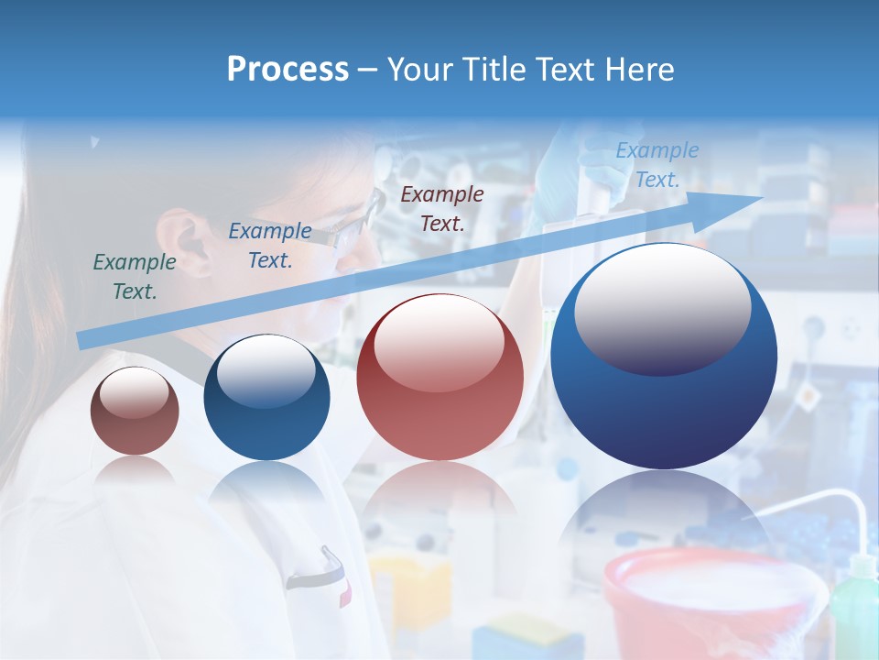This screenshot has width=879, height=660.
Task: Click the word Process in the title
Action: tap(288, 70)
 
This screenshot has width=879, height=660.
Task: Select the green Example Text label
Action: tap(135, 276)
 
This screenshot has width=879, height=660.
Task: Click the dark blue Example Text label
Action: tap(269, 246)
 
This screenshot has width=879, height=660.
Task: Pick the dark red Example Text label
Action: tap(442, 208)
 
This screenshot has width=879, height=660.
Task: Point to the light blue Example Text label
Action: tap(657, 165)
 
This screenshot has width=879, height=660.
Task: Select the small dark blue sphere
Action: tap(266, 398)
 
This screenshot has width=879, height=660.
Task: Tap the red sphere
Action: tap(439, 378)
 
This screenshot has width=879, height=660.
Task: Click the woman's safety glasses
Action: tap(353, 225)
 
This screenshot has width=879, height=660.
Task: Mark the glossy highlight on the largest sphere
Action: tap(662, 306)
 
